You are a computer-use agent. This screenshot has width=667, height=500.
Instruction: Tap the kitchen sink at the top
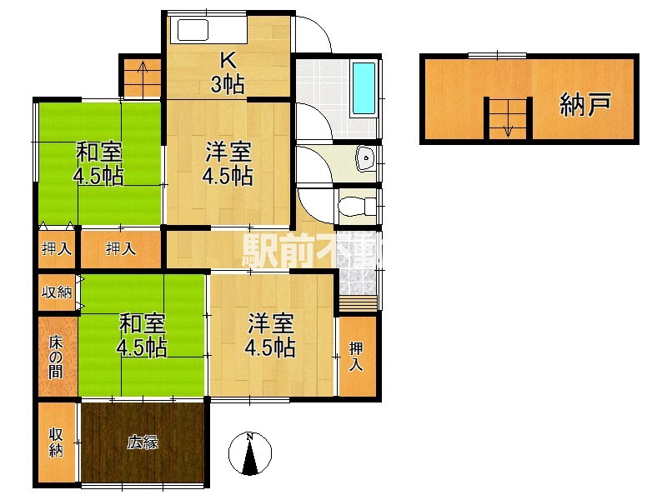click(191, 32)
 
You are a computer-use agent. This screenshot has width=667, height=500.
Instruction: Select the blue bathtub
click(364, 87)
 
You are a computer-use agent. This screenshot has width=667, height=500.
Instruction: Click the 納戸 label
click(585, 104)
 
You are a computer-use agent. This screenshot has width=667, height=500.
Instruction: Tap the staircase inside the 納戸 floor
click(507, 117)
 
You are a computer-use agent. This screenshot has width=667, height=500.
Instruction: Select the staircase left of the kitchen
click(142, 77)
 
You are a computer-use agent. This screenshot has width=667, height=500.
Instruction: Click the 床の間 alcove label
click(56, 356)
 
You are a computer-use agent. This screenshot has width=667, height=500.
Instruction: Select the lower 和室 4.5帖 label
click(141, 333)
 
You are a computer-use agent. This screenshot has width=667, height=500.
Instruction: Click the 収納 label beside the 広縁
click(56, 442)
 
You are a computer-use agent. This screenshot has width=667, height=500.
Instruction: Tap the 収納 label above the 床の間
click(56, 292)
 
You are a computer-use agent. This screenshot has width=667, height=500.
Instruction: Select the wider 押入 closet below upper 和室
click(121, 247)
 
